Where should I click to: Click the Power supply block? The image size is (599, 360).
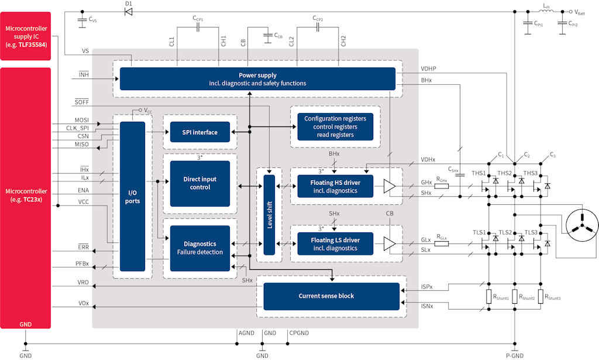257,79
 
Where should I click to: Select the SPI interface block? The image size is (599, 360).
199,132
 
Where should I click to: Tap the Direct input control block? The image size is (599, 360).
199,183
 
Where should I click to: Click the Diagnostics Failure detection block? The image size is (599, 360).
199,248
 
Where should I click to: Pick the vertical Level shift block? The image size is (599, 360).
269,215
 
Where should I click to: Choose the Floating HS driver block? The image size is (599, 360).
335,187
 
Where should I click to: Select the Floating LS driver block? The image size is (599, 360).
335,244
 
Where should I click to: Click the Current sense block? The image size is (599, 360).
331,296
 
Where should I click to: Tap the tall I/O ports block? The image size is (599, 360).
132,196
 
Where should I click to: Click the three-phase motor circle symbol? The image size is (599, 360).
582,224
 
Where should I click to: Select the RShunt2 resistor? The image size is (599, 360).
515,296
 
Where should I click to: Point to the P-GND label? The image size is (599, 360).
515,355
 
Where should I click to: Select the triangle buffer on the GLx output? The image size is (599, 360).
389,244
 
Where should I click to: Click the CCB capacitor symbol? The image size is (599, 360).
267,36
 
